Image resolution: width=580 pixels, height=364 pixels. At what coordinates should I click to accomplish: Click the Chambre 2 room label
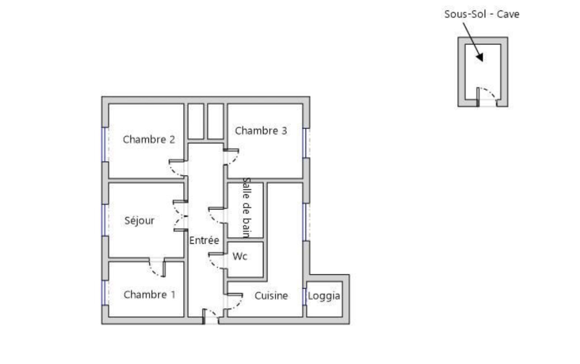click(x=149, y=140)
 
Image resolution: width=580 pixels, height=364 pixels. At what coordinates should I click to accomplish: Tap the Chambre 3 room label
click(x=261, y=131)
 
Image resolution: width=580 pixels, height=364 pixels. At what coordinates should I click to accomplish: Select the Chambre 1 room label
click(x=150, y=295)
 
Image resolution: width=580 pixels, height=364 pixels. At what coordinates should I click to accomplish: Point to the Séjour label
click(x=139, y=221)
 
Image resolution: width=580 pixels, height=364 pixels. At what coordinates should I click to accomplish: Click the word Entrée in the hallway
click(x=204, y=240)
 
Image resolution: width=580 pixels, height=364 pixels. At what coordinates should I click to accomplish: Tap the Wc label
click(x=240, y=257)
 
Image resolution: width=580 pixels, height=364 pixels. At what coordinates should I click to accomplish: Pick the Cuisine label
click(x=271, y=296)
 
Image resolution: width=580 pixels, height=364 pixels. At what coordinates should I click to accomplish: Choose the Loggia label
click(x=324, y=296)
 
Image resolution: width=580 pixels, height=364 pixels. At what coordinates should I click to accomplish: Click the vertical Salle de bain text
click(x=246, y=208)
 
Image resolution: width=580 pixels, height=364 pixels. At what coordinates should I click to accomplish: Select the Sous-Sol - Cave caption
click(x=482, y=14)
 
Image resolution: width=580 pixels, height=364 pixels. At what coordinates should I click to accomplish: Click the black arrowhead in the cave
click(x=480, y=58)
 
